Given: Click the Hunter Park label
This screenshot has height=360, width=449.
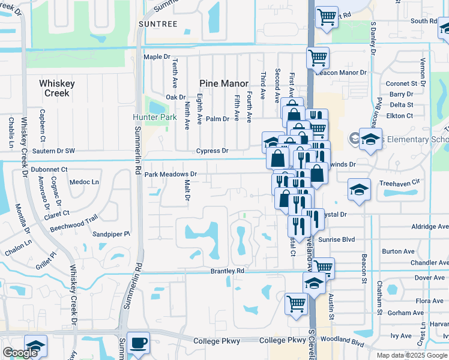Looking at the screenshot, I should (x=155, y=117).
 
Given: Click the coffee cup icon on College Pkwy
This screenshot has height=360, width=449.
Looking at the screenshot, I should (x=138, y=341).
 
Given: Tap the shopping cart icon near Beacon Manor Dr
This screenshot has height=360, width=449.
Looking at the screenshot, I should (x=318, y=58).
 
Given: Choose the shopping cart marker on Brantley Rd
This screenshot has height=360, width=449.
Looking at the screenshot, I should (x=323, y=267).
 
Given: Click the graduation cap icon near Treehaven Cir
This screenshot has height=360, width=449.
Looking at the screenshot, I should (x=359, y=190).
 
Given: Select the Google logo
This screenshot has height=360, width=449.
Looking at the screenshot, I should (x=20, y=353).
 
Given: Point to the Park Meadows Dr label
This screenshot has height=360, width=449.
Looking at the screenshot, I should (x=170, y=175).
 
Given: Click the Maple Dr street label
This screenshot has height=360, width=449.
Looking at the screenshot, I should (x=157, y=57).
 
